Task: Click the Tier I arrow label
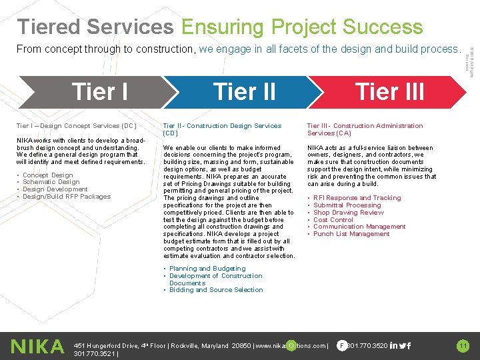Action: (99, 91)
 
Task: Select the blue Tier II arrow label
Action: (244, 91)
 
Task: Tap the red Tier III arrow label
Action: (389, 91)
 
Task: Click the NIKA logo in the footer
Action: (37, 346)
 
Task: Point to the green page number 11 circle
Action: (463, 345)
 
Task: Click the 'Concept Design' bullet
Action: (47, 175)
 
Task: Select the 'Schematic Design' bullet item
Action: (51, 182)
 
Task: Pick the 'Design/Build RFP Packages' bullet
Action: (67, 197)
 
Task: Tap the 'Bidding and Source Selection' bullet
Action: (216, 290)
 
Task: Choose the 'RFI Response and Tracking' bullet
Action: (357, 198)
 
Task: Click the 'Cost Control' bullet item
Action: (333, 219)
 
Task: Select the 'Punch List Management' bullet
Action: (351, 234)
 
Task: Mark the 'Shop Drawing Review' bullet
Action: (348, 213)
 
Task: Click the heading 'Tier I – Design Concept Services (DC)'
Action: (77, 126)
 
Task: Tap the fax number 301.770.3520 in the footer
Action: (367, 345)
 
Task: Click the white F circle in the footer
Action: (341, 345)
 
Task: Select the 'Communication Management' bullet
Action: (359, 227)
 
